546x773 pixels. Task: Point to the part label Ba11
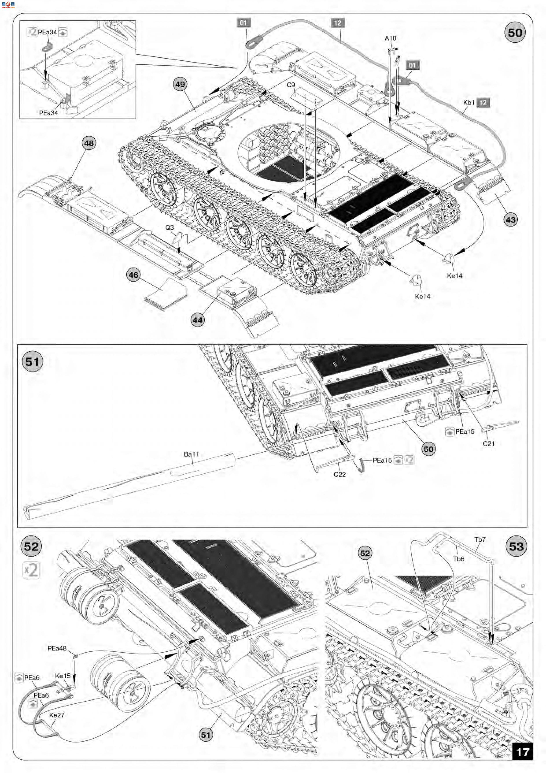pyautogui.click(x=191, y=454)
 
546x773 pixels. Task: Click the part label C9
pyautogui.click(x=291, y=85)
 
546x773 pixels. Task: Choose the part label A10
pyautogui.click(x=390, y=38)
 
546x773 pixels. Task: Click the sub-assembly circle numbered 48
pyautogui.click(x=89, y=143)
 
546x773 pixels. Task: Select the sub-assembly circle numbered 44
pyautogui.click(x=197, y=320)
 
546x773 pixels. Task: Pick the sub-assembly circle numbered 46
pyautogui.click(x=134, y=275)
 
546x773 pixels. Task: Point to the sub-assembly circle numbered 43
pyautogui.click(x=510, y=220)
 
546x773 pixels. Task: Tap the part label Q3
pyautogui.click(x=170, y=228)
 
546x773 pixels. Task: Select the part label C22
pyautogui.click(x=340, y=474)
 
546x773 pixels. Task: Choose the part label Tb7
pyautogui.click(x=480, y=539)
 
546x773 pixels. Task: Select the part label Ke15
pyautogui.click(x=63, y=676)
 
